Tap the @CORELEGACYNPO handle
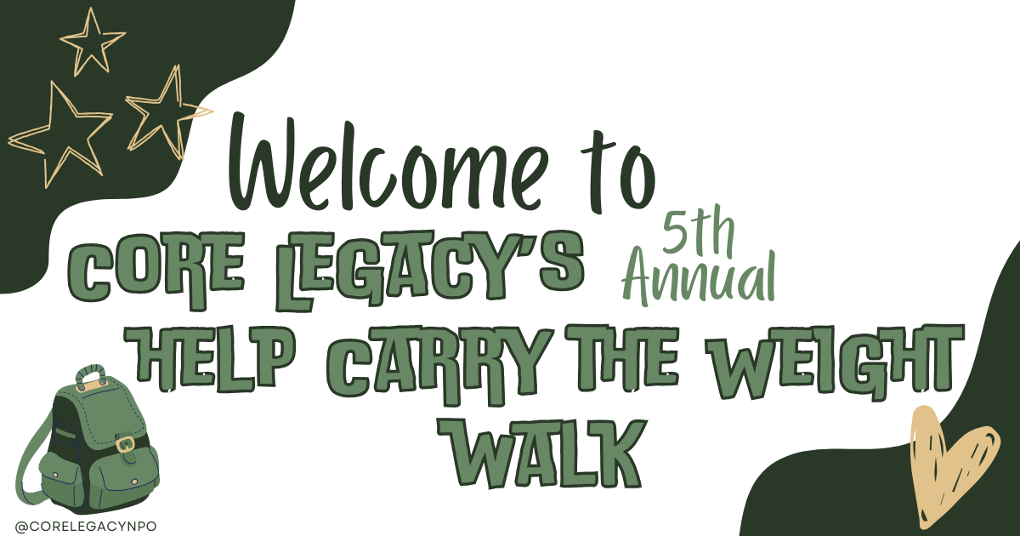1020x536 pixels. tap(86, 526)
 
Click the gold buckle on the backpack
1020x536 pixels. tap(126, 443)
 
